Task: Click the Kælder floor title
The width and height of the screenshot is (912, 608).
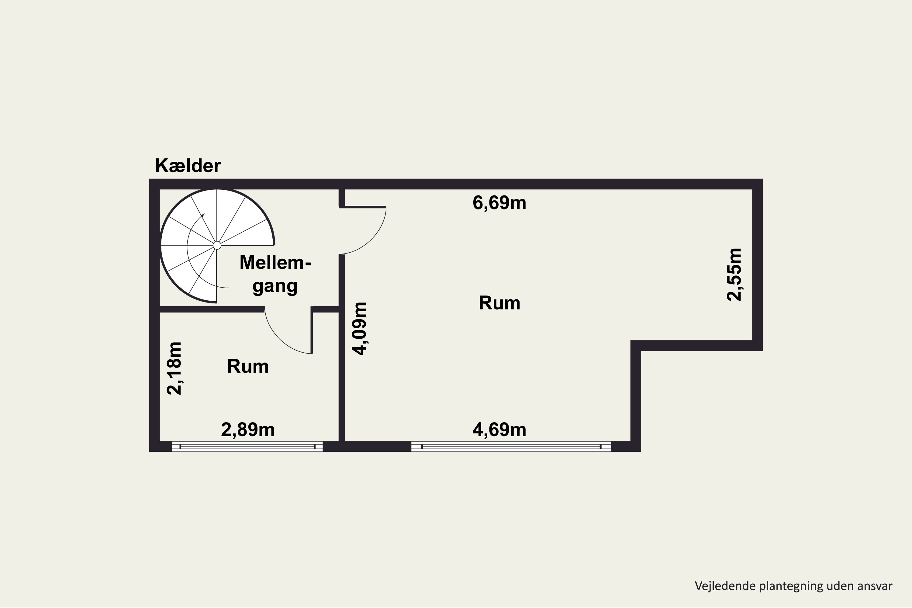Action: [x=188, y=166]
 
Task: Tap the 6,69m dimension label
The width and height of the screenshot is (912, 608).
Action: [x=499, y=203]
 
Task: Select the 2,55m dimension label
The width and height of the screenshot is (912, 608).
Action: [x=734, y=274]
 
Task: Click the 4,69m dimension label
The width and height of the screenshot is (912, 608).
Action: [x=499, y=430]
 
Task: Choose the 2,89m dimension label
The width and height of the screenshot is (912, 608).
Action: [x=248, y=430]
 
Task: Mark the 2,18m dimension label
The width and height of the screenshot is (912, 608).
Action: [x=174, y=368]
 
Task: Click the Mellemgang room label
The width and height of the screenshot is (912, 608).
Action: [x=275, y=275]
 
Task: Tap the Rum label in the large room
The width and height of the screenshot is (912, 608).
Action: [x=499, y=303]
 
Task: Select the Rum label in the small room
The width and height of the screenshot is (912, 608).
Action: [x=248, y=366]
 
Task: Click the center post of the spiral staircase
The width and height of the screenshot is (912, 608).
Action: [x=217, y=245]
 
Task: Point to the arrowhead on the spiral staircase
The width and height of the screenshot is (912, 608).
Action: [x=202, y=215]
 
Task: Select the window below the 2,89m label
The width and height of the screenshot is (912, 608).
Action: [x=247, y=447]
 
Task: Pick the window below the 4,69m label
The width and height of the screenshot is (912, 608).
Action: [x=511, y=447]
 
